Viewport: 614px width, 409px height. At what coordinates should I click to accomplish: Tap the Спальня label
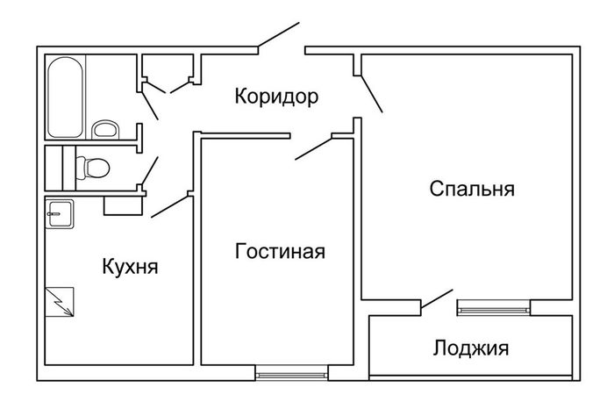[x=471, y=189]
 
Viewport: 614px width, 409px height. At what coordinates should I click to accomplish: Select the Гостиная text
[x=281, y=253]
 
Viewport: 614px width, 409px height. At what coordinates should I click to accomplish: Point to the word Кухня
[x=130, y=266]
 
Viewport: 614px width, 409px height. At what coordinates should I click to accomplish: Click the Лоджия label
[x=471, y=348]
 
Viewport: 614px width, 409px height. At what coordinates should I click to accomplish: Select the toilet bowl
[x=91, y=166]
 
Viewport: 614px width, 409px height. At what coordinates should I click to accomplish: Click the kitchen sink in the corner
[x=60, y=212]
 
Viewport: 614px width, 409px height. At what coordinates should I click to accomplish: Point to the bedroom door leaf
[x=370, y=91]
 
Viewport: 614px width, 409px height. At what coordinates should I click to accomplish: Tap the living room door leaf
[x=313, y=147]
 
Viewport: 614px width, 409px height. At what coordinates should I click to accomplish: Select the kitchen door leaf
[x=169, y=207]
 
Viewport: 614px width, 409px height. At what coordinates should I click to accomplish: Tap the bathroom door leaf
[x=151, y=104]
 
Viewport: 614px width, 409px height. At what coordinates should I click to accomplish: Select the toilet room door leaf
[x=151, y=169]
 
